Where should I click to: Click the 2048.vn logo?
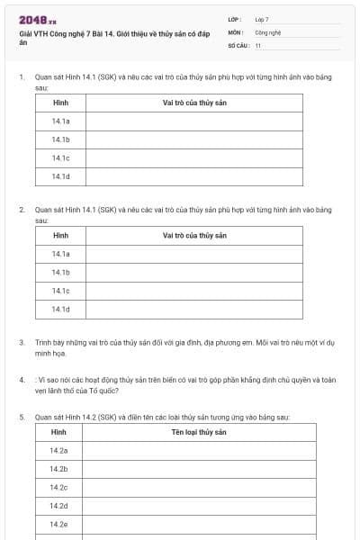click(x=38, y=20)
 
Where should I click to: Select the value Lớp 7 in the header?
click(x=262, y=19)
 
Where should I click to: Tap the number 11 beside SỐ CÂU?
click(x=258, y=44)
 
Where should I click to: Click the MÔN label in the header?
click(x=235, y=31)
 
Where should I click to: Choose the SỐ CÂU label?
click(x=238, y=44)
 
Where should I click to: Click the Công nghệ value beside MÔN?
click(x=268, y=31)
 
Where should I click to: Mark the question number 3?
click(x=22, y=343)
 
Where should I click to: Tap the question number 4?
click(x=22, y=380)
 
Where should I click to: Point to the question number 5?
click(x=22, y=418)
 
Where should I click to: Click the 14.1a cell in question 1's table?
click(x=61, y=121)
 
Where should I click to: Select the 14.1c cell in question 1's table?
click(x=61, y=157)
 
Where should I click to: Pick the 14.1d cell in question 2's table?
click(x=61, y=309)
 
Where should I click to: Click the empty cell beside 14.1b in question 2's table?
click(x=194, y=272)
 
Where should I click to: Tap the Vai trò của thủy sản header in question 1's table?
click(x=194, y=103)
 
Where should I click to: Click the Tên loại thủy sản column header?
click(x=199, y=432)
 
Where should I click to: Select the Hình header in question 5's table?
click(x=59, y=432)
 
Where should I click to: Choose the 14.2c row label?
click(x=59, y=487)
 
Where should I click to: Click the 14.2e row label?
click(x=59, y=524)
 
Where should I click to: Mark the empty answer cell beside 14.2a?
click(x=199, y=450)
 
